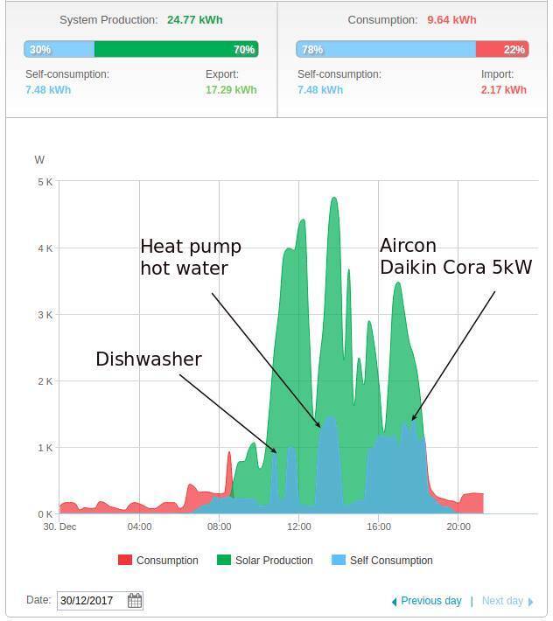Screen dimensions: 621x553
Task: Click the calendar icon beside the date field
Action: point(135,601)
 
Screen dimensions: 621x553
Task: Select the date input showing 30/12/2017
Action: point(92,601)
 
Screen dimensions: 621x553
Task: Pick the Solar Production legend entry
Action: point(265,560)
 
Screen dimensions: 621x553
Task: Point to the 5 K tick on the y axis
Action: point(44,182)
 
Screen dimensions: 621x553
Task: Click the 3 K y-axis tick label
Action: point(44,315)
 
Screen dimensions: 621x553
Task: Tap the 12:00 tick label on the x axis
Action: point(299,527)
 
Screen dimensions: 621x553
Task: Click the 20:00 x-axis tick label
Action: point(458,527)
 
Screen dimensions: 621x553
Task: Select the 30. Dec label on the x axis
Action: point(60,527)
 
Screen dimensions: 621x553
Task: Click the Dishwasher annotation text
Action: point(149,359)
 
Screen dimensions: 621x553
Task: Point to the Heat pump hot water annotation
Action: point(190,257)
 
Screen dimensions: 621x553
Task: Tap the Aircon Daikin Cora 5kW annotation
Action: point(455,256)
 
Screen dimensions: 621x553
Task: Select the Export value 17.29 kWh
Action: point(231,89)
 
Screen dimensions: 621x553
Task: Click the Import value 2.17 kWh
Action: point(503,89)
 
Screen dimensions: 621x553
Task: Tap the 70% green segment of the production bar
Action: point(176,50)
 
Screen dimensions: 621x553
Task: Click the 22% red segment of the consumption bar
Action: point(502,50)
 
